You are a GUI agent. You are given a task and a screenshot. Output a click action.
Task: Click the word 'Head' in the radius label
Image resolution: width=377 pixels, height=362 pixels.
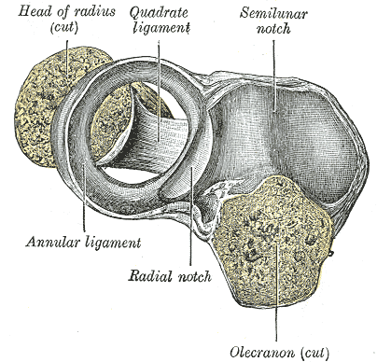(32, 11)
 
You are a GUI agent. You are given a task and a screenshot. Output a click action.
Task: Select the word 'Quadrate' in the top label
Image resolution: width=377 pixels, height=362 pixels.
(159, 13)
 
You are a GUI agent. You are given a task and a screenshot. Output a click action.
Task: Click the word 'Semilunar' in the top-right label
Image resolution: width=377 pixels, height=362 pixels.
(273, 13)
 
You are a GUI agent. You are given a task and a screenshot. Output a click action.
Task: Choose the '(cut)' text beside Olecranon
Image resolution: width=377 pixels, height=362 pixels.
(314, 353)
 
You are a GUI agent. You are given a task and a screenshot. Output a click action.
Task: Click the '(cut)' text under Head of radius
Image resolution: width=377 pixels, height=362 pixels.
(63, 27)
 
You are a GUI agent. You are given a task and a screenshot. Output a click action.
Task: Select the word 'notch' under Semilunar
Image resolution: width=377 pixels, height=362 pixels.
(273, 29)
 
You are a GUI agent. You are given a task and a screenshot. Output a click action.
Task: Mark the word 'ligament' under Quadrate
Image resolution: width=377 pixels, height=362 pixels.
(161, 28)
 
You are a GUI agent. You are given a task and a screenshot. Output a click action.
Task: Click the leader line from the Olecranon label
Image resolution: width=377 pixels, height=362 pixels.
(276, 292)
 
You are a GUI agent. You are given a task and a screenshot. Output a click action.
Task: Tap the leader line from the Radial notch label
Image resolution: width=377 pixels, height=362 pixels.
(191, 216)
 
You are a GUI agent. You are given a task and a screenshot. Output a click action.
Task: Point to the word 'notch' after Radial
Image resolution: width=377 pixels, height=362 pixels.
(195, 275)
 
